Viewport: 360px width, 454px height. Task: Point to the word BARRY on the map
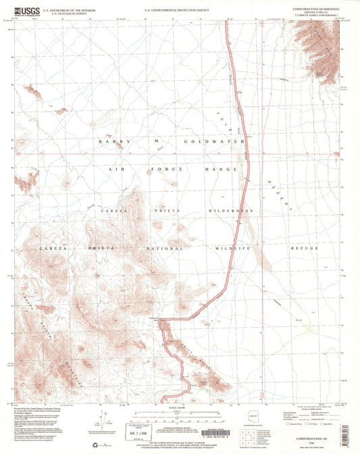click(x=112, y=141)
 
